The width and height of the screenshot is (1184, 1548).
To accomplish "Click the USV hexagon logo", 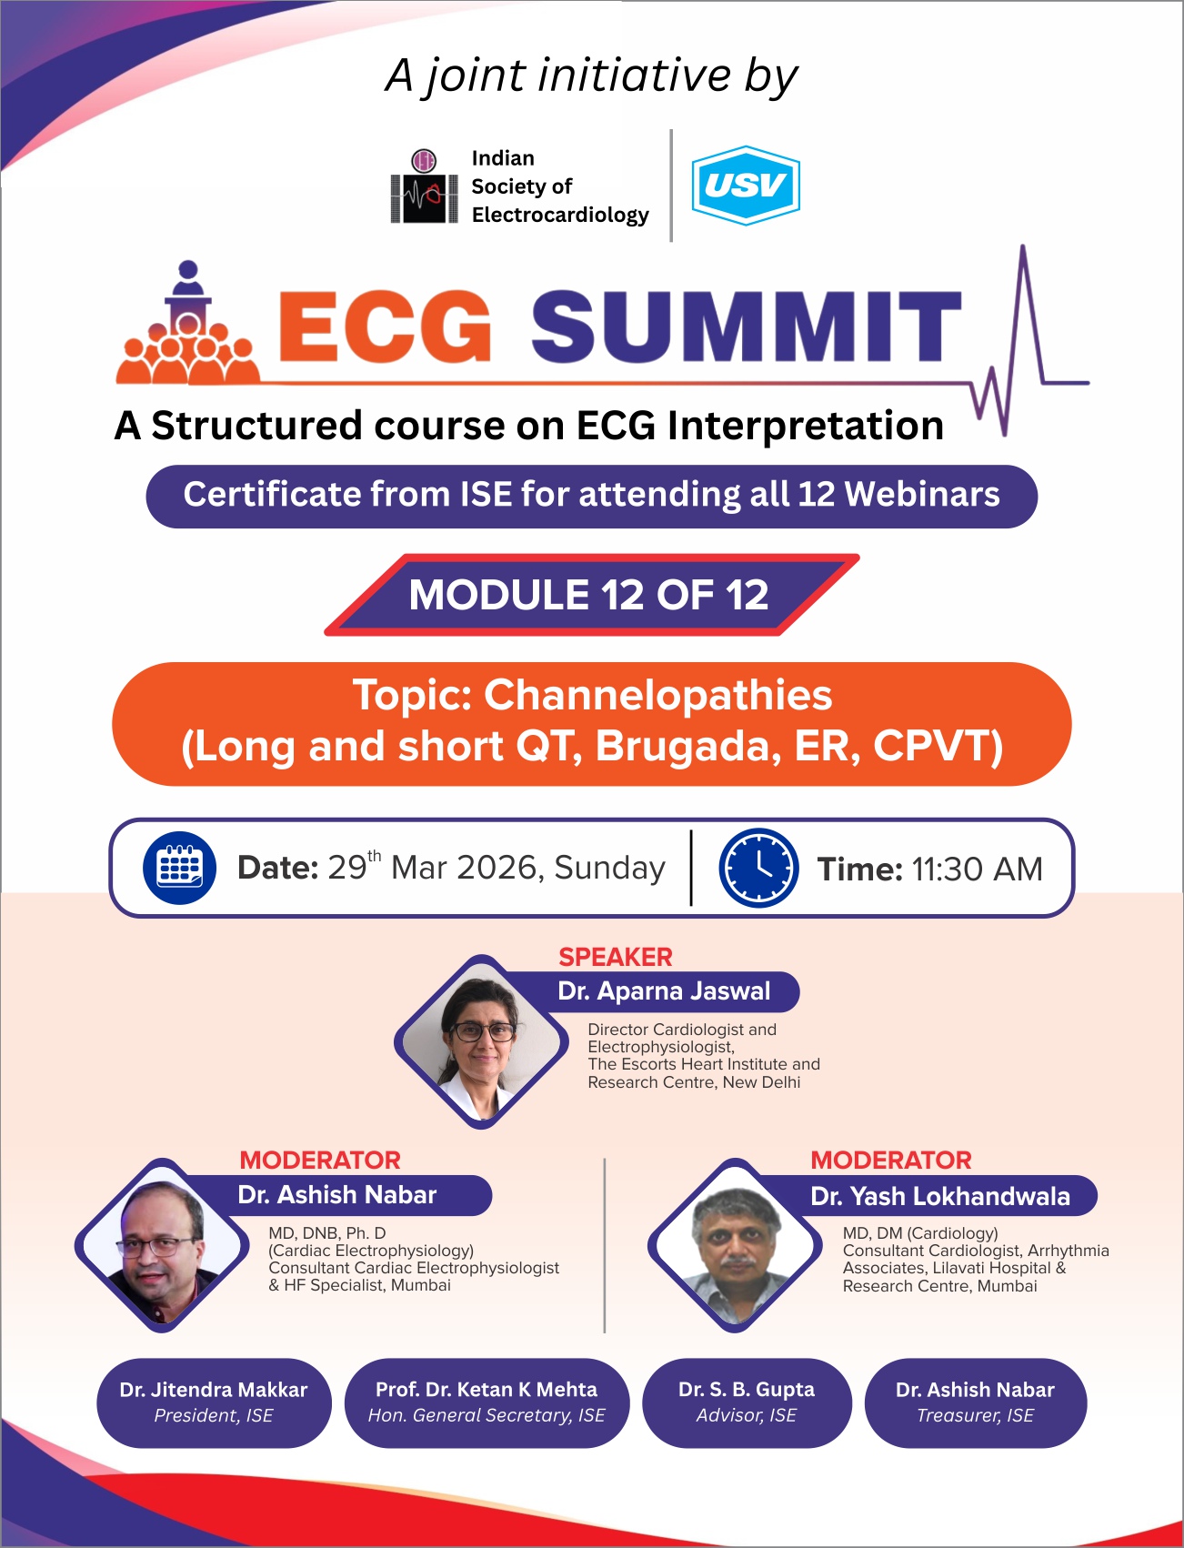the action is coord(746,186).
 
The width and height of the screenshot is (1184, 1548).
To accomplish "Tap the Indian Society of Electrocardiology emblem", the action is coord(424,187).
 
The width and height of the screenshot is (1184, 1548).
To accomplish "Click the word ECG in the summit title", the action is coord(385,327).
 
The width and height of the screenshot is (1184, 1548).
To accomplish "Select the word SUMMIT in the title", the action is coord(746,327).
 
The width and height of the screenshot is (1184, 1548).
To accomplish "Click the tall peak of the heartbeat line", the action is coord(1024,247).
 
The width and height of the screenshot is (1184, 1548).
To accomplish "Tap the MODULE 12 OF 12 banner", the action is coord(591,595).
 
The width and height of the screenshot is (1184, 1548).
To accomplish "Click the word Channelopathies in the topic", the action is coord(657,695).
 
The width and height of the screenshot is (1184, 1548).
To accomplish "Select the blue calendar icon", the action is coord(180,868).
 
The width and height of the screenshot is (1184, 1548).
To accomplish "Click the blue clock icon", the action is coord(758,868).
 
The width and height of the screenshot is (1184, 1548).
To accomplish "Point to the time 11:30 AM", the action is coord(977,869).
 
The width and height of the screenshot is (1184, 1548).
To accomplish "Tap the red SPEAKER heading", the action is coord(616,957).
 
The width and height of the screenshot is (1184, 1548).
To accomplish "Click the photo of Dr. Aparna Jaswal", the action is coord(482,1042).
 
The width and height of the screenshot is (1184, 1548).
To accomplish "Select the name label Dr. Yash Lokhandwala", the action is coord(940,1196).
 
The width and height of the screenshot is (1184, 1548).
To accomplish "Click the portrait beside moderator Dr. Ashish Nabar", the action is coord(162,1246).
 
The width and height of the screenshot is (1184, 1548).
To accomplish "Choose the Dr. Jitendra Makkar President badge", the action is coord(214,1402).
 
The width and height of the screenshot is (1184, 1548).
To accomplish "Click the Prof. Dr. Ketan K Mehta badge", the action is coord(487,1402).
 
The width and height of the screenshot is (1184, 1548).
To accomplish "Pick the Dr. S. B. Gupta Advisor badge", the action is coord(747,1402).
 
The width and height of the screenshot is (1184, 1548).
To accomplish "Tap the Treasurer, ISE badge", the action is coord(975,1402).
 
